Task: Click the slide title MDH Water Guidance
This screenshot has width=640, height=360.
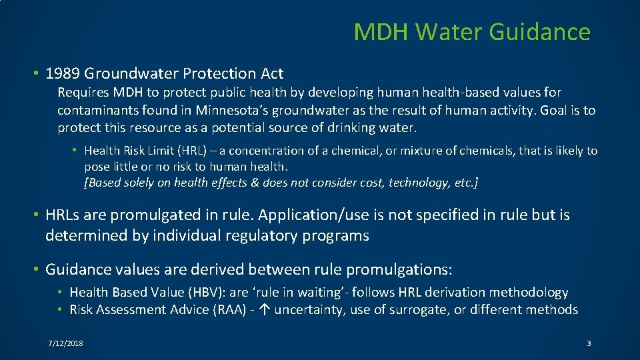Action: (x=471, y=32)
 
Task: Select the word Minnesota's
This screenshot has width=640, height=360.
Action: (x=233, y=110)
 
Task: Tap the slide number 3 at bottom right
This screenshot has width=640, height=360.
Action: (x=589, y=343)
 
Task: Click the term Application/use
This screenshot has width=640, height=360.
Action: (x=311, y=215)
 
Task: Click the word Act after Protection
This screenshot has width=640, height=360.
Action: (x=271, y=73)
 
